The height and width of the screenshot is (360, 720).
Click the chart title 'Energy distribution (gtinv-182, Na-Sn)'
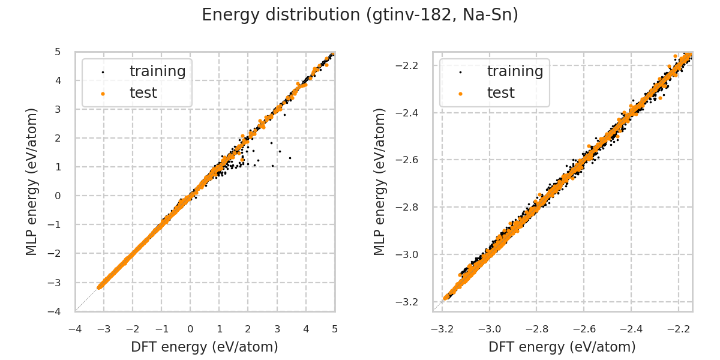[x=360, y=15]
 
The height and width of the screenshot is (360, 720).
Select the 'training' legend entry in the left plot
[x=157, y=71]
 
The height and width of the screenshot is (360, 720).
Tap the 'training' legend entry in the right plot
[x=515, y=71]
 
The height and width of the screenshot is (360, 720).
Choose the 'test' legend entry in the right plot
[x=500, y=93]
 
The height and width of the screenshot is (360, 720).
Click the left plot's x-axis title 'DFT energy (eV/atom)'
[x=205, y=347]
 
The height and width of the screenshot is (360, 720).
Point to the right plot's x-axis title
[x=562, y=347]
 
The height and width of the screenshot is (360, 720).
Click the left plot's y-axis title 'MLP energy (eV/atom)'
[x=32, y=181]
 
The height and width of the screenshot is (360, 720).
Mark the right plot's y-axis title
[x=380, y=181]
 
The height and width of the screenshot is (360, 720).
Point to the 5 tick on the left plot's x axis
[x=335, y=329]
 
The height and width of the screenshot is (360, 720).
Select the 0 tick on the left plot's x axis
[x=190, y=329]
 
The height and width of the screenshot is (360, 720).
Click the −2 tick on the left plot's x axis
[x=133, y=329]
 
